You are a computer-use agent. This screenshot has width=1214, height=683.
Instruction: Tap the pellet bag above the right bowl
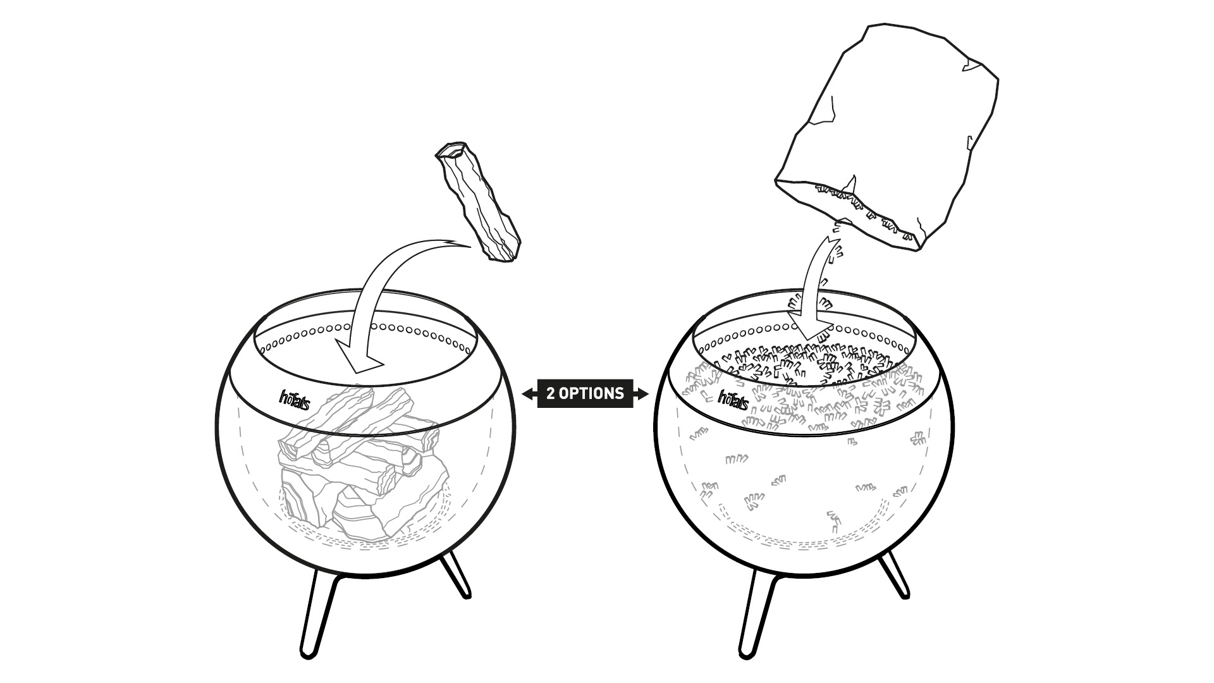(x=885, y=126)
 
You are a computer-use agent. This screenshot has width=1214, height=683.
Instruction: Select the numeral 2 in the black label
(x=551, y=393)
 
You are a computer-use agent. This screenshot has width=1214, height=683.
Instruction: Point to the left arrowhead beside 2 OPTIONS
(x=527, y=394)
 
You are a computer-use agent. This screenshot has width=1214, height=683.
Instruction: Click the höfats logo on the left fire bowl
(x=295, y=399)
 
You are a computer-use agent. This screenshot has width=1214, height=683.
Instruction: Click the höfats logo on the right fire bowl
(x=733, y=400)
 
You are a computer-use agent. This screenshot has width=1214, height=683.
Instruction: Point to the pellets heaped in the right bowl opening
(x=803, y=367)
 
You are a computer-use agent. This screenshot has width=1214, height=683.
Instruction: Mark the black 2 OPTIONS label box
(x=585, y=393)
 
